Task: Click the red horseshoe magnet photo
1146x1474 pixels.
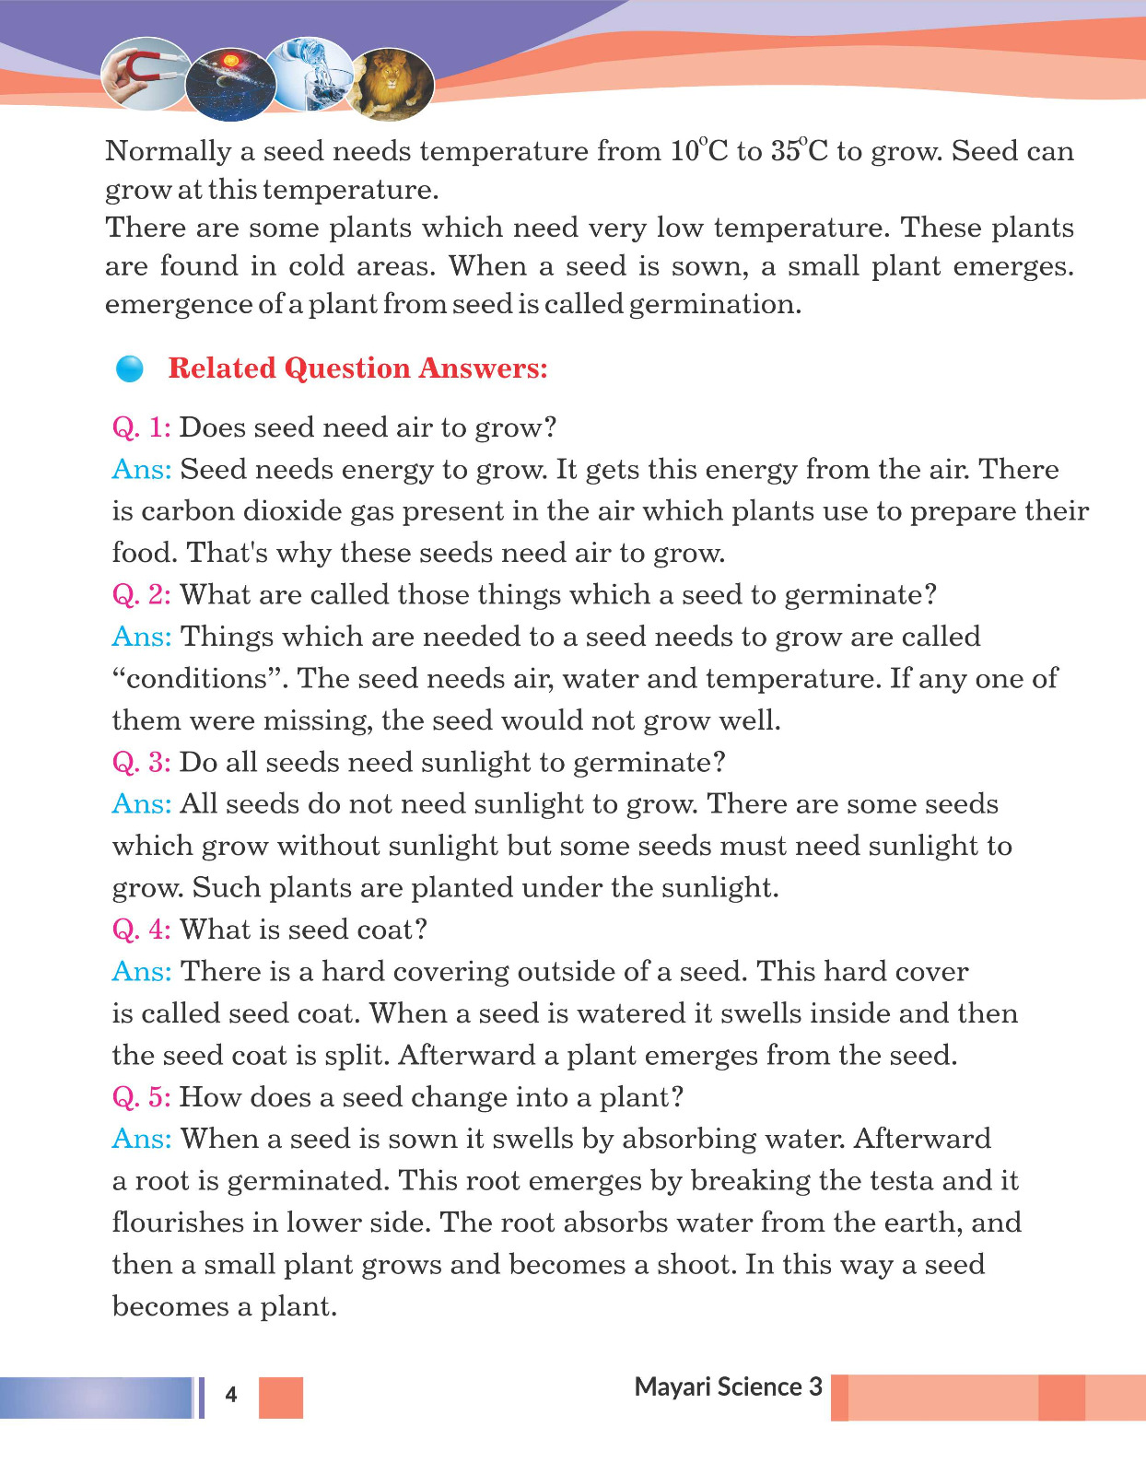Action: [x=144, y=74]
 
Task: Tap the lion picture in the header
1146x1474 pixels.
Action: [x=393, y=84]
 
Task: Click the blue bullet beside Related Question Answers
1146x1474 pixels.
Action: [x=130, y=368]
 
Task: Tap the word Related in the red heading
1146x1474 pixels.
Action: [x=222, y=368]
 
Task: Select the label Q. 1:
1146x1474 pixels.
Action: [x=142, y=427]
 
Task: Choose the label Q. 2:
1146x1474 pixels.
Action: [x=142, y=595]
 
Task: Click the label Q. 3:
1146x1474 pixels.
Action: [x=142, y=763]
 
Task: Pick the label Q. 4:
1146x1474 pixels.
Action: [x=142, y=930]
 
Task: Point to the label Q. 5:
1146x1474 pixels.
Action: [x=142, y=1097]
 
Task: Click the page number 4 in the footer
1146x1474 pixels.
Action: [x=231, y=1395]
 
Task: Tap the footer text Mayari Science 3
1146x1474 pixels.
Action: [x=728, y=1387]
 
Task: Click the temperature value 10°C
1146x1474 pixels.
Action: [x=699, y=150]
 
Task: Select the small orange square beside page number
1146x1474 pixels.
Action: [x=281, y=1398]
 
